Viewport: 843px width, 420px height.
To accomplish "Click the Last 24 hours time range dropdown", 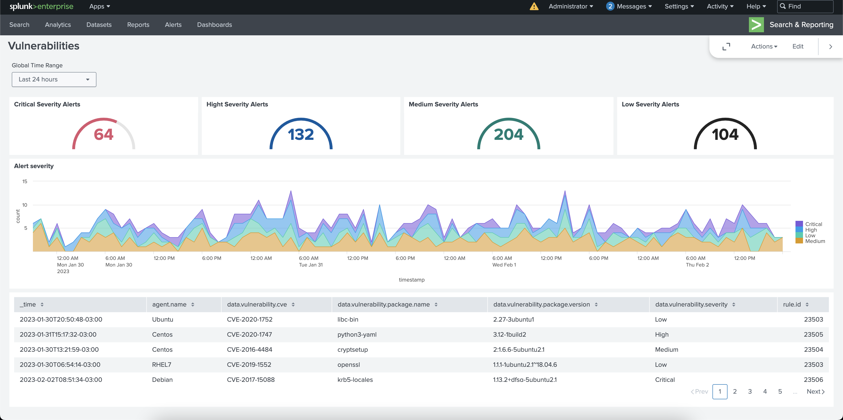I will tap(54, 79).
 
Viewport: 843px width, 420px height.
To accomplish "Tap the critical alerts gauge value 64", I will tap(103, 134).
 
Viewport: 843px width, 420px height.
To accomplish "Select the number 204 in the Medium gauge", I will tap(508, 134).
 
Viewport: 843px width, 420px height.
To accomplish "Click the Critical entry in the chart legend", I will tap(813, 224).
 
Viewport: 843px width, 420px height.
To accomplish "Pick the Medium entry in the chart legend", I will tap(815, 241).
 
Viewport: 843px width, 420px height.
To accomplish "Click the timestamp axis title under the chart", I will tap(411, 279).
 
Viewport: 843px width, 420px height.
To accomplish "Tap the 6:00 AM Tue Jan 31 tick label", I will tap(310, 261).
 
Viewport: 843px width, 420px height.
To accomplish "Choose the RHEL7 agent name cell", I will tap(161, 365).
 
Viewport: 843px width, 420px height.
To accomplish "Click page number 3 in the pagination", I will tap(750, 392).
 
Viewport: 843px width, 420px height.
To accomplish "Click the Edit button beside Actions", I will tap(798, 47).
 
